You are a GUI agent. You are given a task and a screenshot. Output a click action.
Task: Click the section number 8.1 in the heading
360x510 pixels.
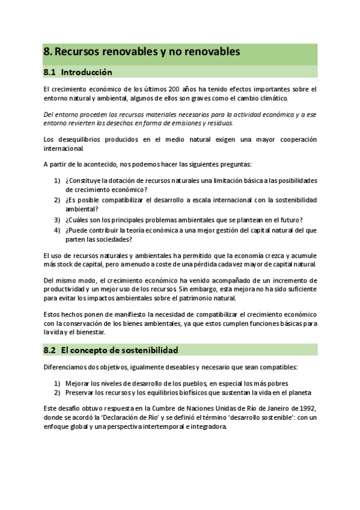(x=50, y=72)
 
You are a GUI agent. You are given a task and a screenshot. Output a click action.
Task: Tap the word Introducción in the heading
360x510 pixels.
(x=87, y=72)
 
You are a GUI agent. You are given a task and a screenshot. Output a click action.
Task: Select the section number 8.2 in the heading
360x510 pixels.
(x=50, y=349)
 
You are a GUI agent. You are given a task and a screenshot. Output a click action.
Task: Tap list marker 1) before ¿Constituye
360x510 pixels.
(x=57, y=180)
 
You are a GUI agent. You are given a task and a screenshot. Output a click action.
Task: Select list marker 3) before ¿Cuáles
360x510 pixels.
(x=57, y=220)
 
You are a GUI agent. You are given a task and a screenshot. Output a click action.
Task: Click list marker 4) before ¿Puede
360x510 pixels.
(x=57, y=230)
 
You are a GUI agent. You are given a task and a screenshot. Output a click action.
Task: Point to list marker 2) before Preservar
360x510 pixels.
(x=57, y=393)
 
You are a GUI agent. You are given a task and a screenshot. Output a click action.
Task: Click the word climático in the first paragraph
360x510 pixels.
(x=272, y=98)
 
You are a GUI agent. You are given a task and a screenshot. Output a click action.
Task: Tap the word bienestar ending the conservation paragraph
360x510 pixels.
(x=91, y=331)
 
